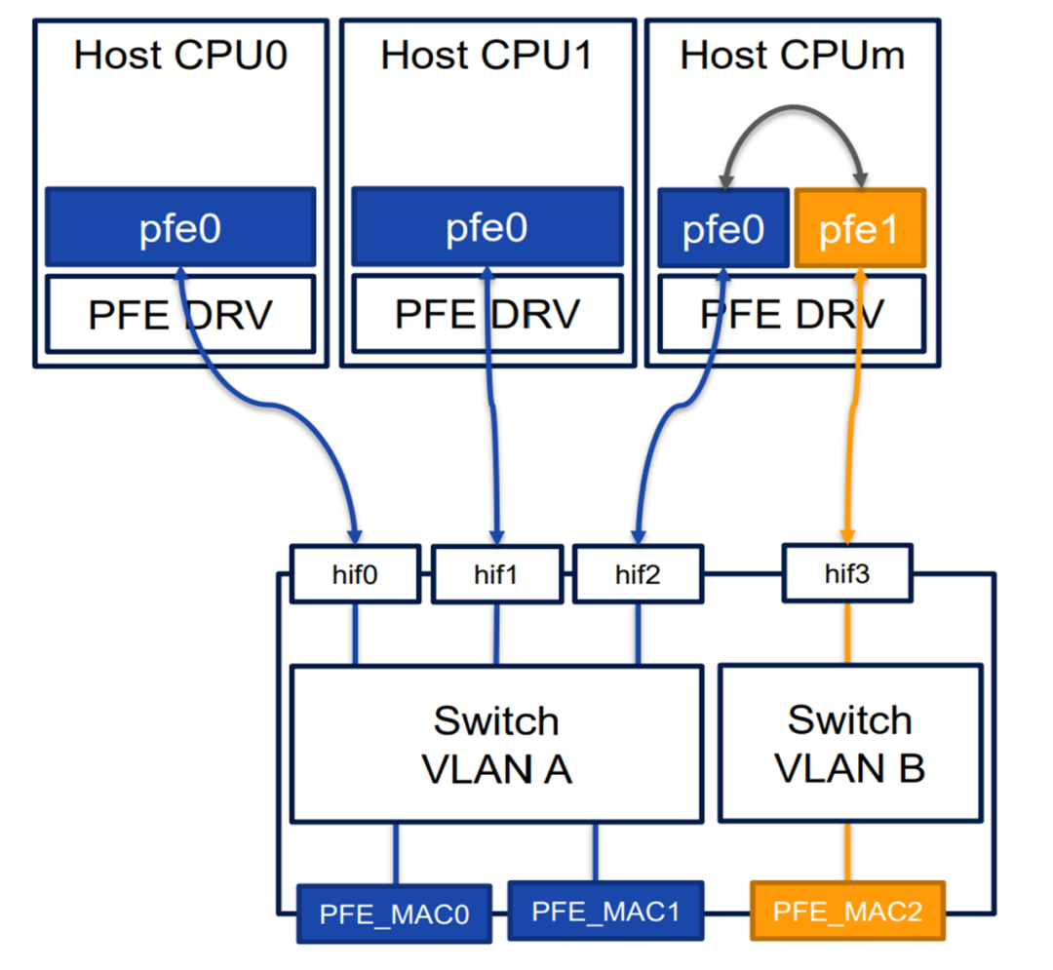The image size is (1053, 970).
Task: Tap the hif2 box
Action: [639, 575]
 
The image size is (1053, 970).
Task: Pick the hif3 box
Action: [847, 574]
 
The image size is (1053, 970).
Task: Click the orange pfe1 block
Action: [858, 228]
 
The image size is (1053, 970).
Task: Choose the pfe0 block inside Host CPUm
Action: [722, 228]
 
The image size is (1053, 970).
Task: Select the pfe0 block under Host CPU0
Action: [180, 227]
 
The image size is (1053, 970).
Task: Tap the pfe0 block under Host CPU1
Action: [487, 227]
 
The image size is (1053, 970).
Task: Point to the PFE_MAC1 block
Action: [605, 911]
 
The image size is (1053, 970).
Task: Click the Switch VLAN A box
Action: [496, 744]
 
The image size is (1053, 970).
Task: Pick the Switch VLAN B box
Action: [849, 743]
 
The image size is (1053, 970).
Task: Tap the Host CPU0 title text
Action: [181, 56]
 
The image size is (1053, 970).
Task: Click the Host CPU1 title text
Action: [487, 56]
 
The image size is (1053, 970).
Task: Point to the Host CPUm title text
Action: [792, 56]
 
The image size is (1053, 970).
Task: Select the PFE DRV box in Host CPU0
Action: [180, 314]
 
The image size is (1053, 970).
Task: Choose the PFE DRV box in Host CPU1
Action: [487, 314]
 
